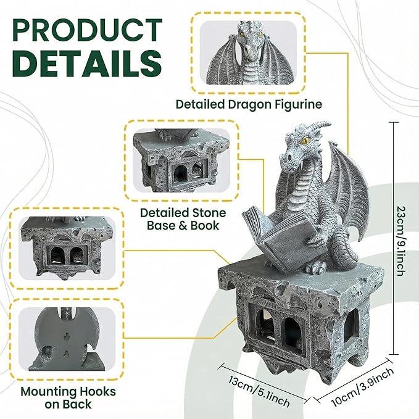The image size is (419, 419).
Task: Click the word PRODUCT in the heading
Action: pyautogui.click(x=88, y=30)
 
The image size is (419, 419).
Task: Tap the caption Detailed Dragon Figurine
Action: pyautogui.click(x=249, y=104)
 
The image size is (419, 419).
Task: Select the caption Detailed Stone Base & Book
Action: pyautogui.click(x=183, y=220)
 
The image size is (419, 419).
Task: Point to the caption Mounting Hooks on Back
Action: pyautogui.click(x=68, y=398)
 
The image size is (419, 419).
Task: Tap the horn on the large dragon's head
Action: pyautogui.click(x=319, y=126)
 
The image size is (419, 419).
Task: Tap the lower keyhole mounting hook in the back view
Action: pyautogui.click(x=66, y=354)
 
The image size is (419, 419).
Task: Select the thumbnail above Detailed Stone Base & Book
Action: pyautogui.click(x=181, y=160)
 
